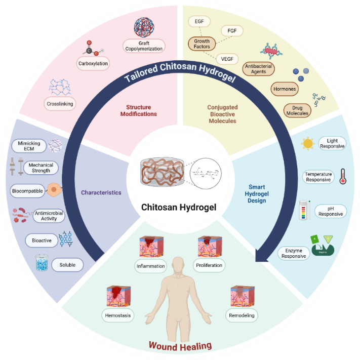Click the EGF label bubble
tap(199, 22)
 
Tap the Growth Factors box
tap(202, 44)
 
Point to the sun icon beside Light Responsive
tap(307, 144)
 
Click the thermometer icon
tap(342, 177)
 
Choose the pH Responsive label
tap(330, 211)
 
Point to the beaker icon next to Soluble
tap(42, 264)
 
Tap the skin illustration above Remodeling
tap(242, 297)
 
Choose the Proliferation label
tap(209, 265)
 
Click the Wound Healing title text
tap(180, 347)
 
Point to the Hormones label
tap(285, 89)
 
